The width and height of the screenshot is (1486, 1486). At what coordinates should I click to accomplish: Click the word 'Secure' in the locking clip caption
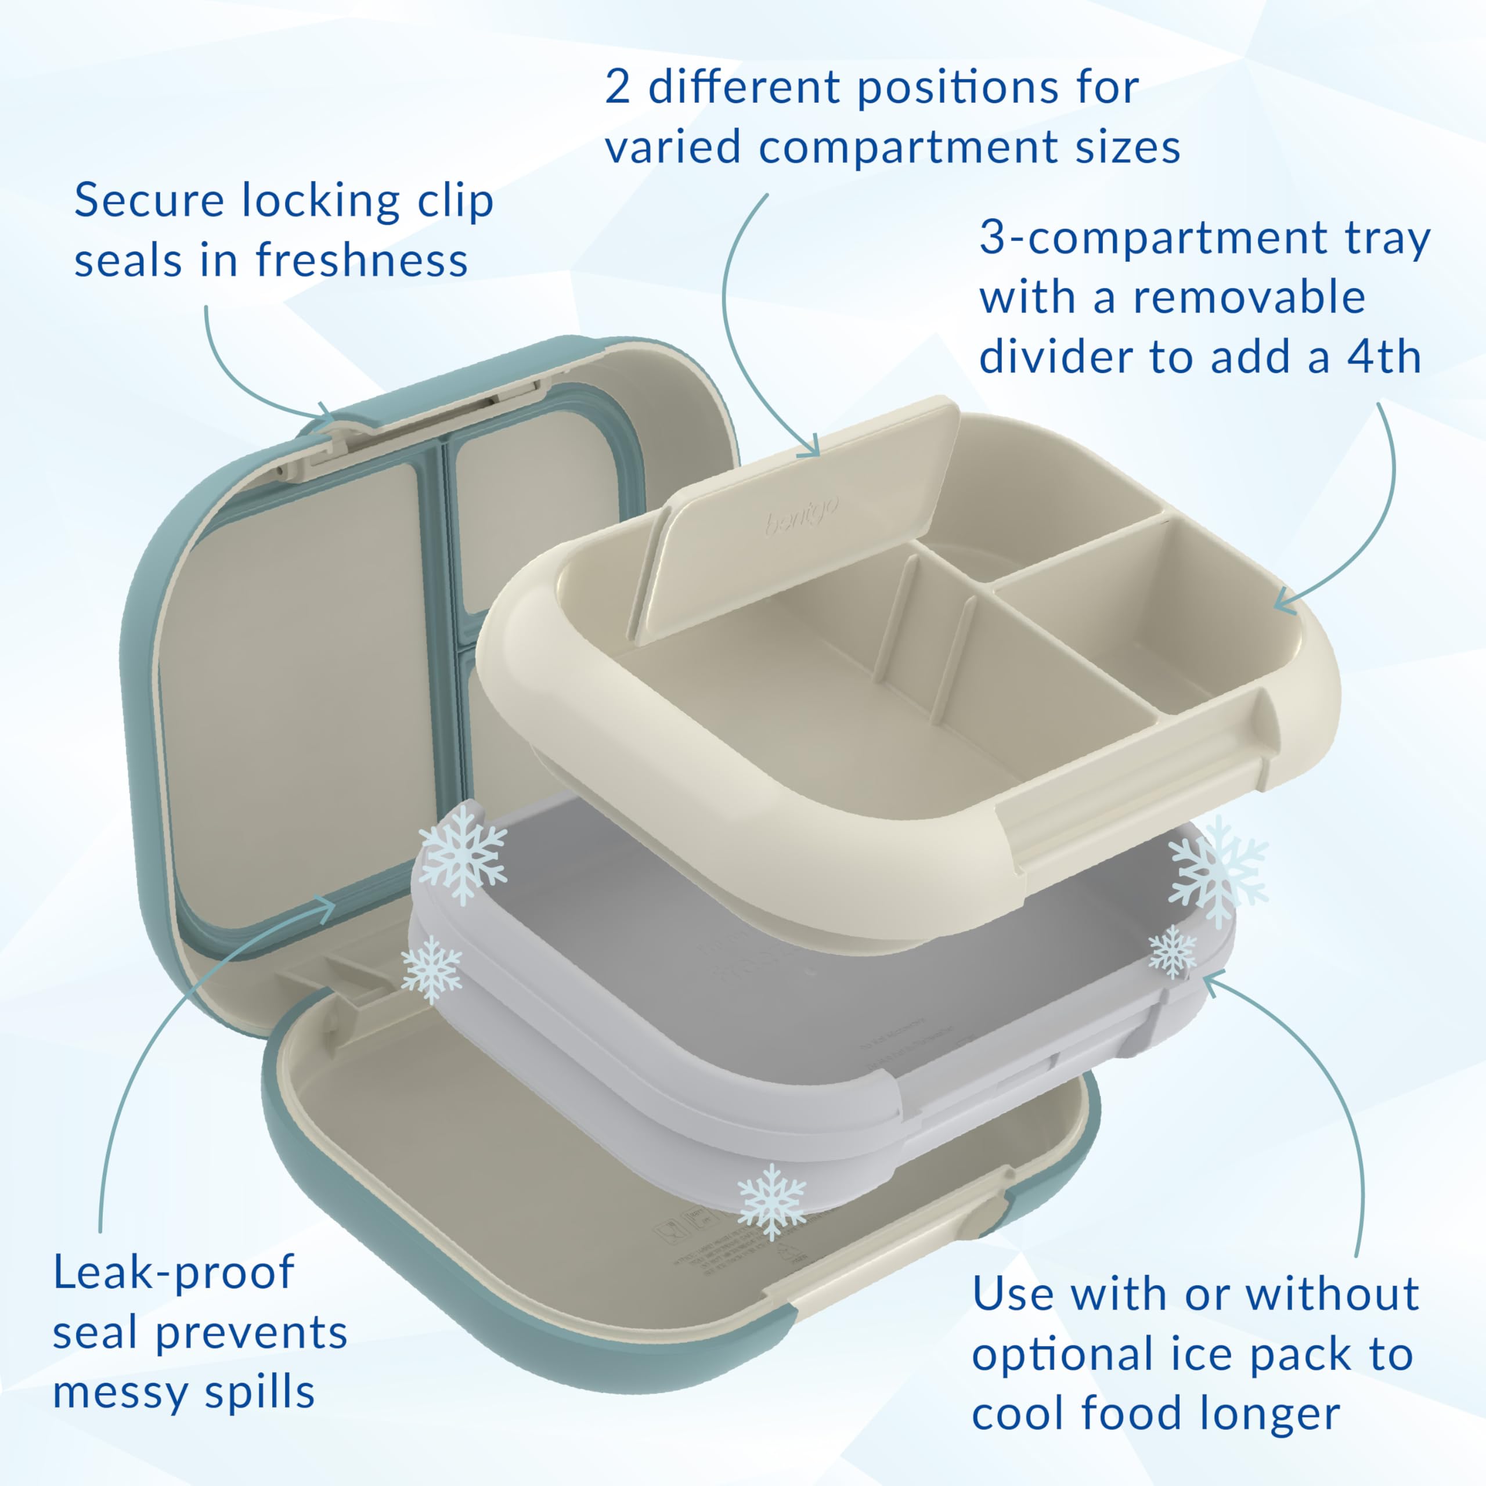pos(149,201)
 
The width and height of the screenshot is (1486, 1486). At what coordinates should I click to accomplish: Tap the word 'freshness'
pos(362,261)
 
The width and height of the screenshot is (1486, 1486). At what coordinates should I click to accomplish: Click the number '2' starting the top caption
pos(618,88)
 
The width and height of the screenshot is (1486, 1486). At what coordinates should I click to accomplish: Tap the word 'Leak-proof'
pos(173,1273)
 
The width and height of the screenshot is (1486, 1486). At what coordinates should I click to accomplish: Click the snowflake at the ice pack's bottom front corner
pos(771,1202)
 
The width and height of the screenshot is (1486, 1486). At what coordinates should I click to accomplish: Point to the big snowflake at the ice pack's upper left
pos(462,854)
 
